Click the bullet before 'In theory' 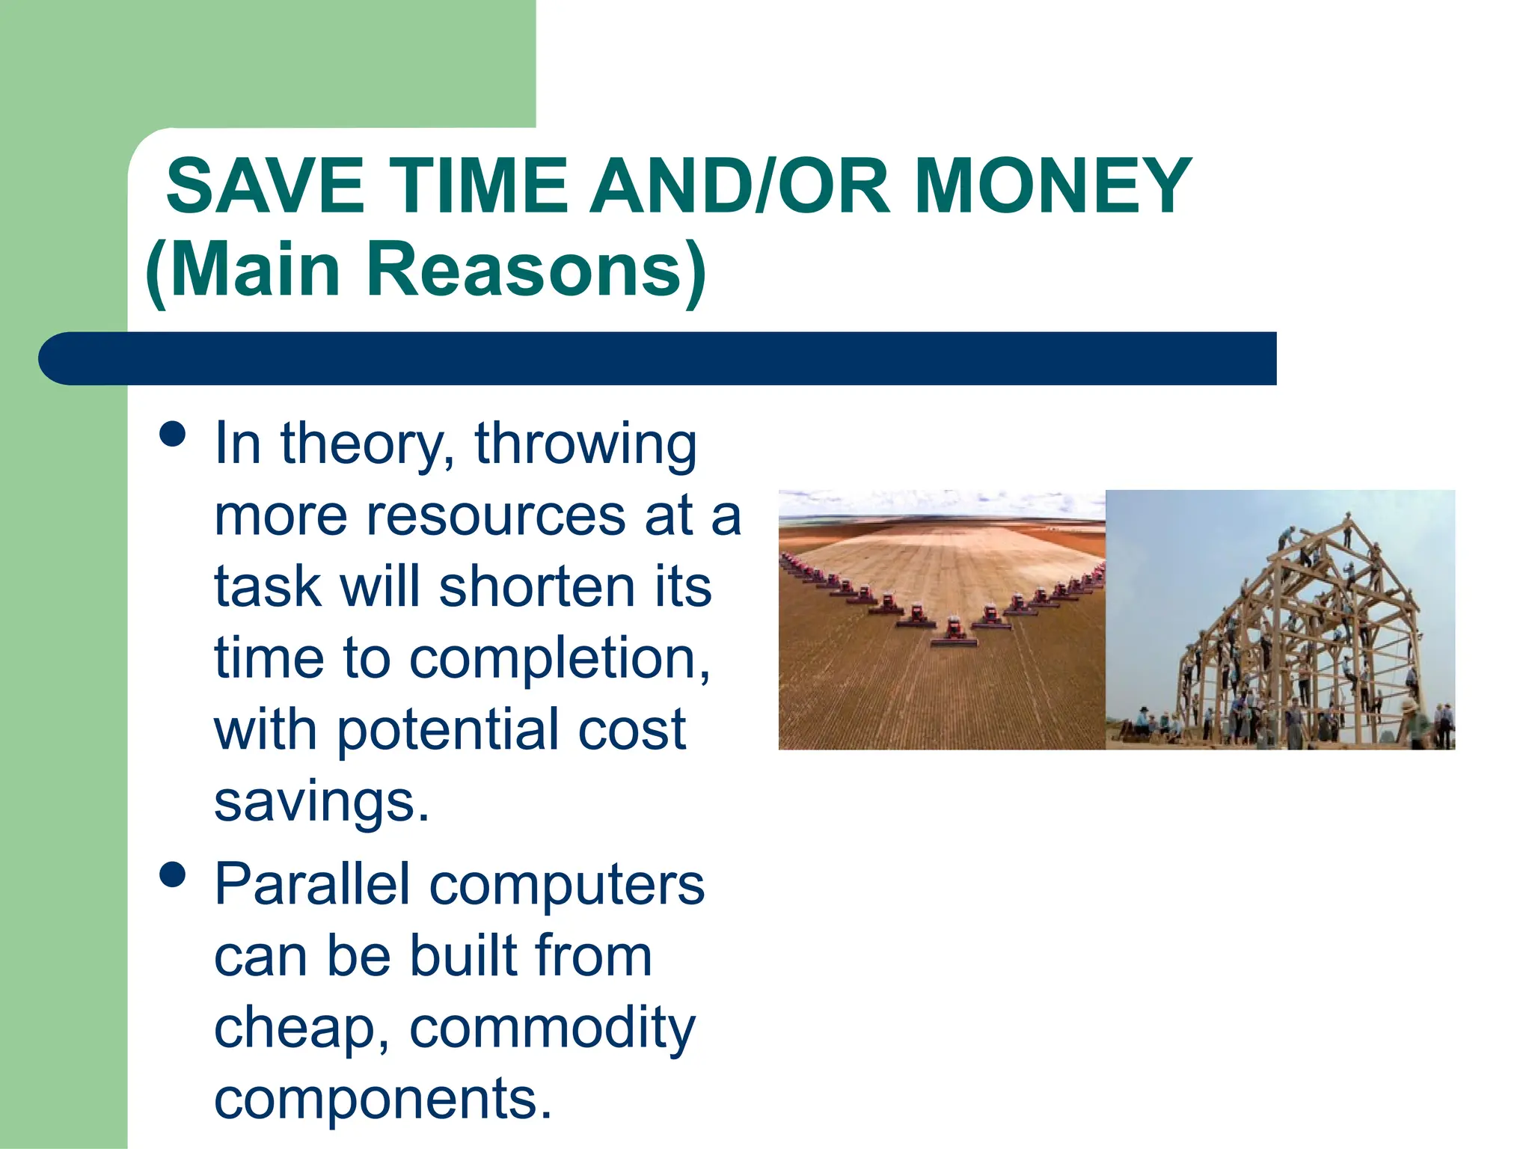click(173, 434)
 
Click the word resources click(494, 515)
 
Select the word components click(382, 1098)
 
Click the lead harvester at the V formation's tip click(954, 632)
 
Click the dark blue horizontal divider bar click(658, 358)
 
